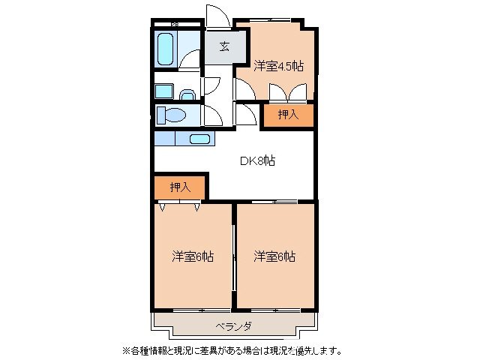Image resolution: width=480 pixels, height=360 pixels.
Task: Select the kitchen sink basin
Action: (199, 138)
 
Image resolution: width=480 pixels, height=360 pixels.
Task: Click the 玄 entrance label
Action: (224, 46)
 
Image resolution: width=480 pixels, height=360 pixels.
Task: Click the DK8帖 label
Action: (256, 160)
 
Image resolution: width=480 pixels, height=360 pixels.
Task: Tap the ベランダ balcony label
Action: (233, 327)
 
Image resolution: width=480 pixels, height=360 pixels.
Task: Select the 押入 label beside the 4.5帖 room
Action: (287, 115)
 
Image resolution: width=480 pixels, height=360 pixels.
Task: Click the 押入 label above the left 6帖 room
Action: (180, 187)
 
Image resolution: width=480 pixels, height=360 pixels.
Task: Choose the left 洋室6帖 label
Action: (193, 256)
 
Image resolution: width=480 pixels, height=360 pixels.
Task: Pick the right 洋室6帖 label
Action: (274, 256)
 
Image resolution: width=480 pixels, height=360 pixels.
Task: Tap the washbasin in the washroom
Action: (188, 95)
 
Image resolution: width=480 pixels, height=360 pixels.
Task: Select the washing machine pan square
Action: (163, 91)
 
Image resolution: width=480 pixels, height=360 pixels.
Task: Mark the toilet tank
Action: (160, 115)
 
